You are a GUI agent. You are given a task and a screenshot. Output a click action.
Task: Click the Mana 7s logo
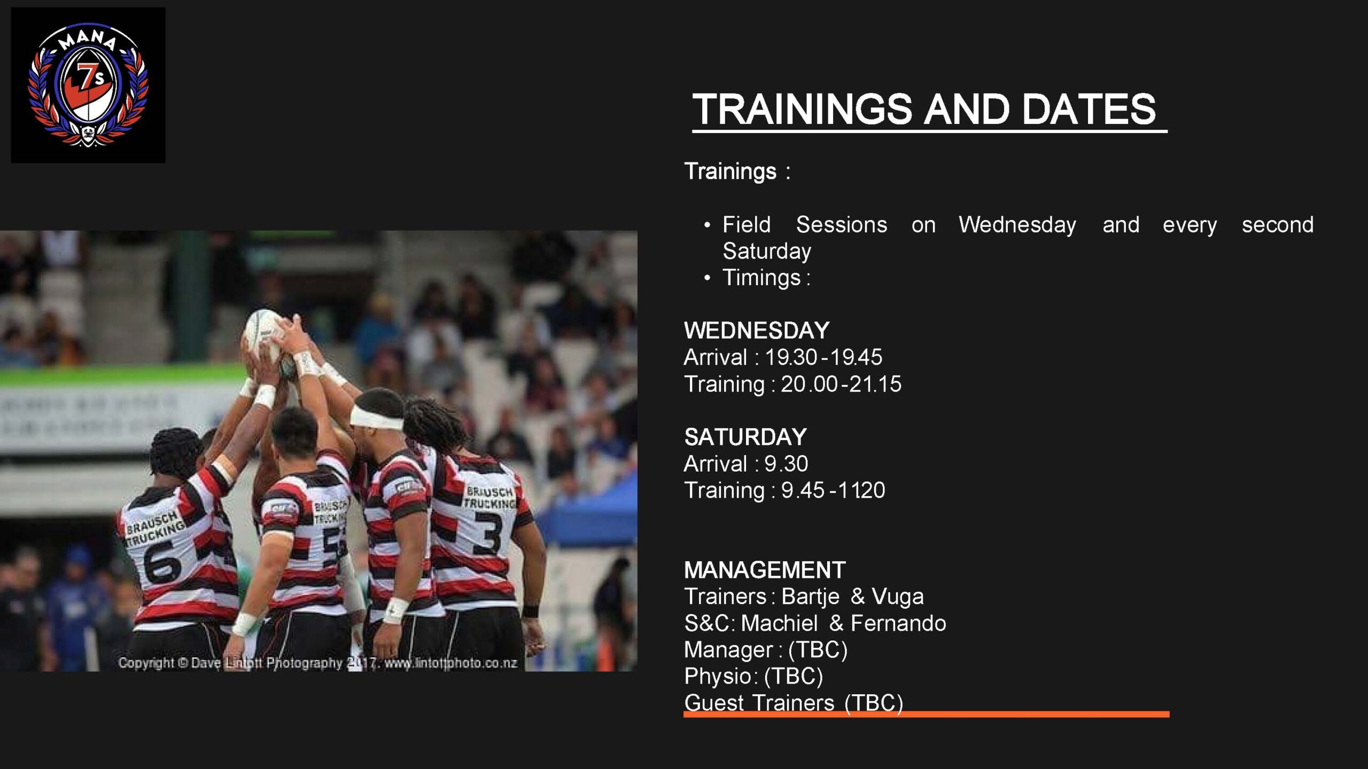pyautogui.click(x=88, y=85)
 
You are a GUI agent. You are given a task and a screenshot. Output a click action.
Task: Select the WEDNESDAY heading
pyautogui.click(x=757, y=331)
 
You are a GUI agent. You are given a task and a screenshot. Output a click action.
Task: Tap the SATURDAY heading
pyautogui.click(x=745, y=437)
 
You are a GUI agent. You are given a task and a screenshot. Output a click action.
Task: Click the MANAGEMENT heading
pyautogui.click(x=765, y=570)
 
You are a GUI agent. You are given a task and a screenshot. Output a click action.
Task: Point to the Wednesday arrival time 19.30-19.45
pyautogui.click(x=823, y=357)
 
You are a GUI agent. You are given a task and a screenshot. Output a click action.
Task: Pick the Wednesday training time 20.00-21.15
pyautogui.click(x=841, y=384)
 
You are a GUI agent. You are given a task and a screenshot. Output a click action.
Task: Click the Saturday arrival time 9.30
pyautogui.click(x=786, y=464)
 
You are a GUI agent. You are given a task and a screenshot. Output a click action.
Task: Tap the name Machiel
pyautogui.click(x=779, y=623)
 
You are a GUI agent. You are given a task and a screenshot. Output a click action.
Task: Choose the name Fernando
pyautogui.click(x=898, y=623)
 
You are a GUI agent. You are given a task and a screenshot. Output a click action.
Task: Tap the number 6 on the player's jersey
pyautogui.click(x=162, y=562)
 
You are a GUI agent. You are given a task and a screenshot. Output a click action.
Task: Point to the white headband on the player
pyautogui.click(x=376, y=417)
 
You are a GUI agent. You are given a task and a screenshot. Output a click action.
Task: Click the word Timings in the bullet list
pyautogui.click(x=761, y=278)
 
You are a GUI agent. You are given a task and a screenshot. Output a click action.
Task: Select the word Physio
pyautogui.click(x=718, y=677)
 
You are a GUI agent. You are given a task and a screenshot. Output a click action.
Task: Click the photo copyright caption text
pyautogui.click(x=317, y=663)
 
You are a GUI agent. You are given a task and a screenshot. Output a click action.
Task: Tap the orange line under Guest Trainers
pyautogui.click(x=926, y=714)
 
